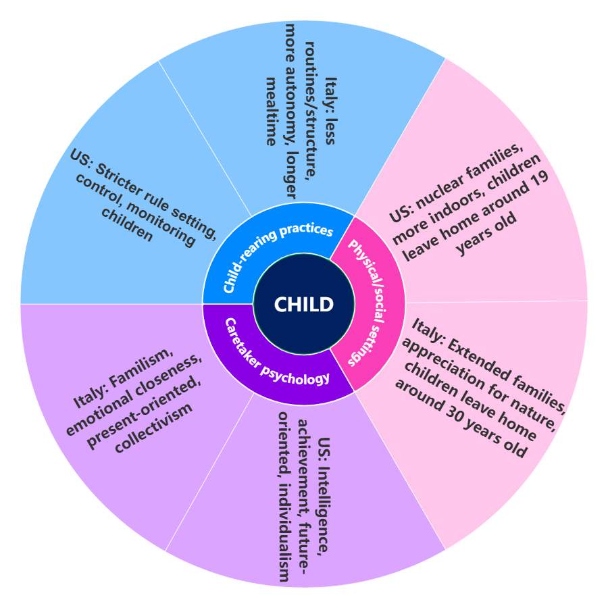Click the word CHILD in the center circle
(304, 305)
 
